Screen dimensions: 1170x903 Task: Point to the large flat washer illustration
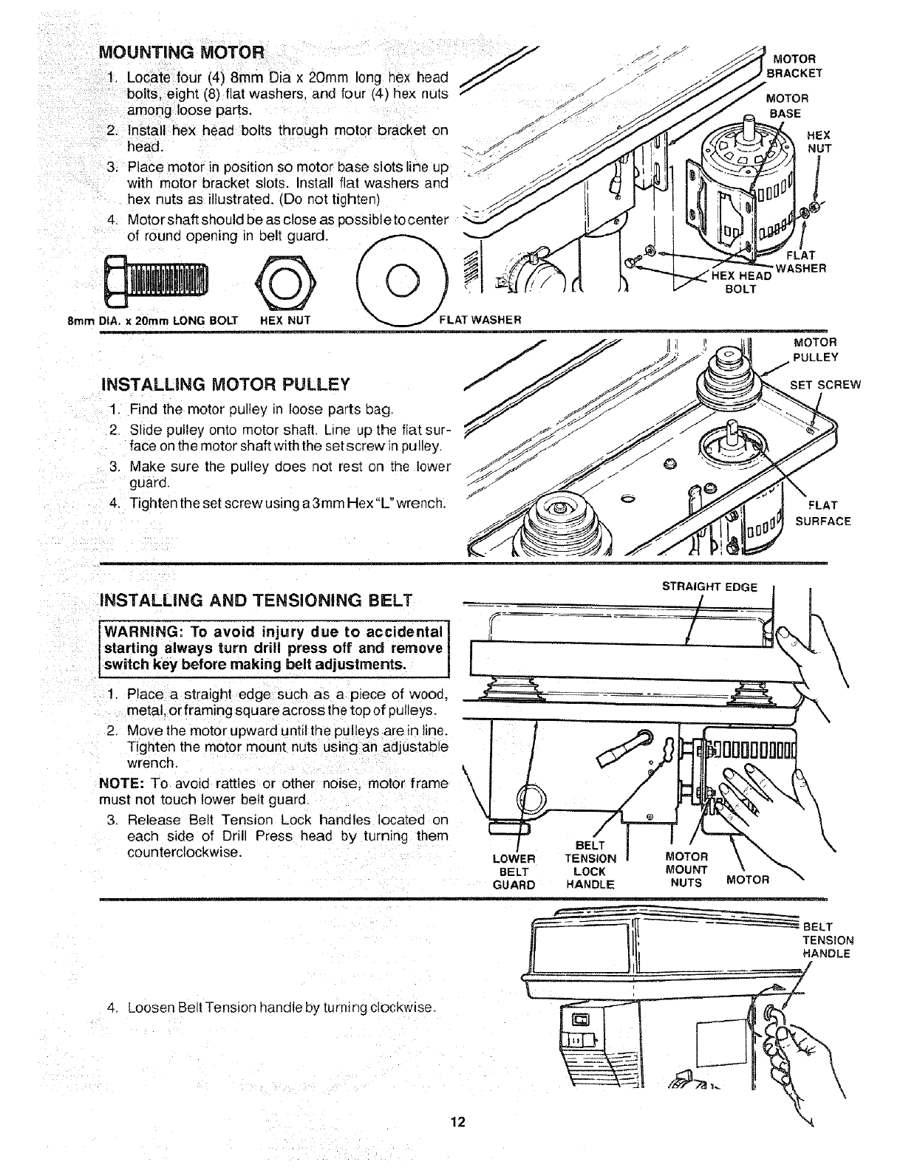[x=403, y=281]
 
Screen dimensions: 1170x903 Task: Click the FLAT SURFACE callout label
[x=822, y=513]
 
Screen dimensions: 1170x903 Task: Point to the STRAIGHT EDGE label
[x=709, y=587]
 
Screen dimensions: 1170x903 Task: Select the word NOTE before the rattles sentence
[x=118, y=783]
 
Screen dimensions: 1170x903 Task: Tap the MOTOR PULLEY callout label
[x=815, y=350]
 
